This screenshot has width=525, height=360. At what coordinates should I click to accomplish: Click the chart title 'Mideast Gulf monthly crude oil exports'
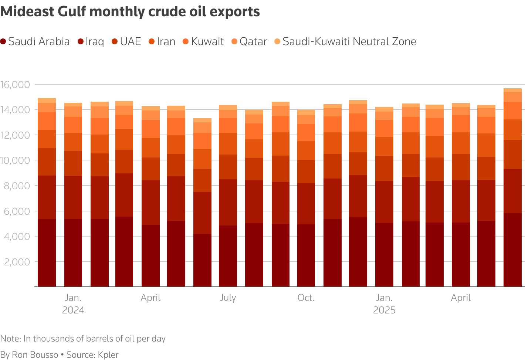(130, 12)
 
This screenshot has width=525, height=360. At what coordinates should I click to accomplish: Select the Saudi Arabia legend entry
(35, 41)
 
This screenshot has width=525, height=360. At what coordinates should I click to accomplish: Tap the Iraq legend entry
(91, 41)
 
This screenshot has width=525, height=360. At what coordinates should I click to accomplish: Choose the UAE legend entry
(126, 41)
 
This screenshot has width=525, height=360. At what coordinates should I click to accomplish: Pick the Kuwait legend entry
(203, 41)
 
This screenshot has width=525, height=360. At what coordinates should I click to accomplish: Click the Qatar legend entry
(249, 41)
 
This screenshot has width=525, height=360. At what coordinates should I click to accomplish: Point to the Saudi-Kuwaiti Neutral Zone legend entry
(345, 41)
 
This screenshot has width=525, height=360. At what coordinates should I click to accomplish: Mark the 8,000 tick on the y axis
(16, 186)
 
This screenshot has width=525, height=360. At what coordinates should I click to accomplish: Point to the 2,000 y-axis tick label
(16, 262)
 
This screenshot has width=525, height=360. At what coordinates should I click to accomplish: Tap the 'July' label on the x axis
(228, 298)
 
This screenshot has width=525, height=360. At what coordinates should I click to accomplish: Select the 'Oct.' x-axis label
(306, 298)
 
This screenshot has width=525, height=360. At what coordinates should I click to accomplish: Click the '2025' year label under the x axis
(384, 310)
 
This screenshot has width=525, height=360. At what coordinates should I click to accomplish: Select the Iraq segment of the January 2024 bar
(73, 197)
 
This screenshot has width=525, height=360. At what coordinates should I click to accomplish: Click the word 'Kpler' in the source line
(108, 355)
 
